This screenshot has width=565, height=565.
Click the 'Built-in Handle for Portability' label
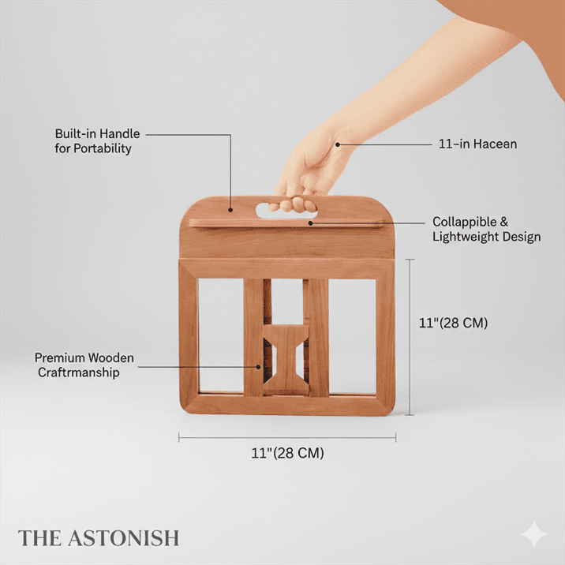pyautogui.click(x=97, y=141)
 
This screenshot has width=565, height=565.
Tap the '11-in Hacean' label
pyautogui.click(x=477, y=144)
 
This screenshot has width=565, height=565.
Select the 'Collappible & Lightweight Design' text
pyautogui.click(x=486, y=229)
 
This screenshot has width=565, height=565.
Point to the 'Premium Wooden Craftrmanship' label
pyautogui.click(x=84, y=365)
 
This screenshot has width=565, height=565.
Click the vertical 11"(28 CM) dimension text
pyautogui.click(x=453, y=323)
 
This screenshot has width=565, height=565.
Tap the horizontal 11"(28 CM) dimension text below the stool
pyautogui.click(x=287, y=453)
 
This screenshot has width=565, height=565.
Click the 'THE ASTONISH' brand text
pyautogui.click(x=99, y=538)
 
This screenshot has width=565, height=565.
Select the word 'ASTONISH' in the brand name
pyautogui.click(x=124, y=538)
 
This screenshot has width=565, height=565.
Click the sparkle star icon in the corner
pyautogui.click(x=534, y=534)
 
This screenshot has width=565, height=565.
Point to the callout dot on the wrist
pyautogui.click(x=338, y=144)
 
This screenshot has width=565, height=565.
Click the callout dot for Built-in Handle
pyautogui.click(x=230, y=210)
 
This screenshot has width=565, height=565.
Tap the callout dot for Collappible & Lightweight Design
pyautogui.click(x=311, y=223)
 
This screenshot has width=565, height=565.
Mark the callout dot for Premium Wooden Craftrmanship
pyautogui.click(x=258, y=367)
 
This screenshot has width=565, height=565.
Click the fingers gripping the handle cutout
pyautogui.click(x=293, y=204)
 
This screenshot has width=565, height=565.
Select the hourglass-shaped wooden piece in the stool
pyautogui.click(x=286, y=359)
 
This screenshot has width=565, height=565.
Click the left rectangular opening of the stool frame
pyautogui.click(x=221, y=335)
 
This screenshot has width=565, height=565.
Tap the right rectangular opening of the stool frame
pyautogui.click(x=353, y=336)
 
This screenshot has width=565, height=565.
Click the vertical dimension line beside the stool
pyautogui.click(x=410, y=337)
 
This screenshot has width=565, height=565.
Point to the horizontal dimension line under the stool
pyautogui.click(x=287, y=438)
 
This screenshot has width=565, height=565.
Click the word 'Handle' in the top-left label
pyautogui.click(x=122, y=133)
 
